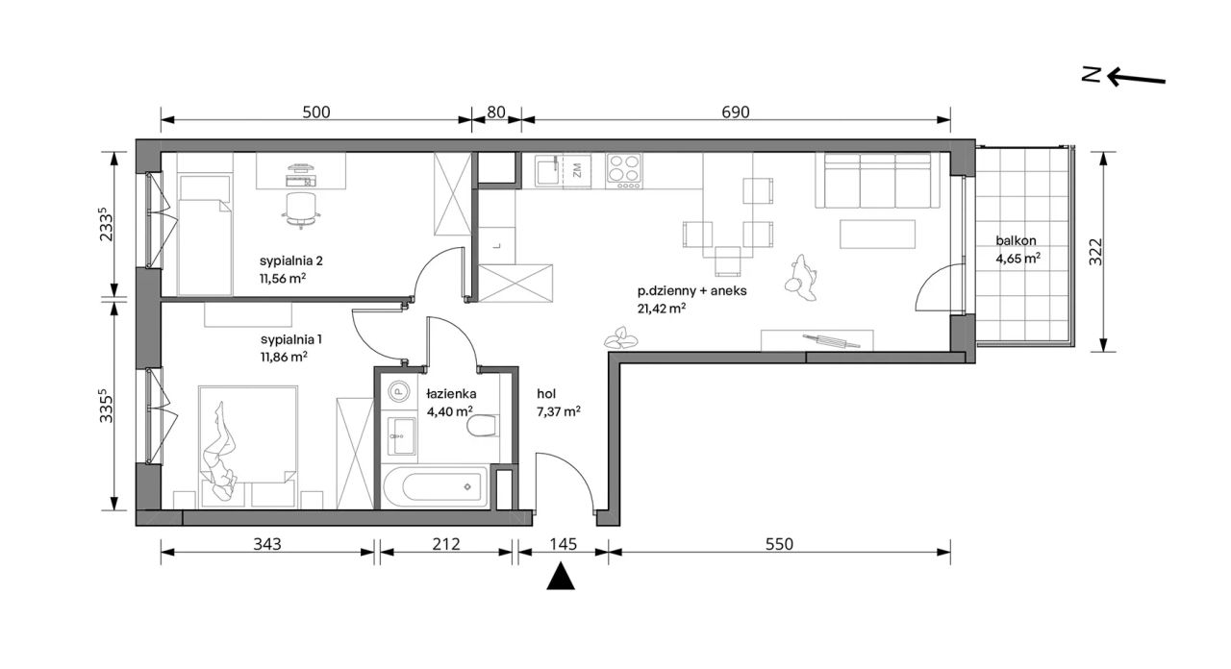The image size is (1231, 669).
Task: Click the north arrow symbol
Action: [1136, 78]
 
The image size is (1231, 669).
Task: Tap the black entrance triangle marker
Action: [561, 576]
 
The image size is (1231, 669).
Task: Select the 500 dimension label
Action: [316, 112]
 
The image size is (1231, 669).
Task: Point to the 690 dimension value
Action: [736, 112]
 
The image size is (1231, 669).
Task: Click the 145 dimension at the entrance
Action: [564, 544]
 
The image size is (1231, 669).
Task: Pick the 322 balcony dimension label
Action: [1095, 252]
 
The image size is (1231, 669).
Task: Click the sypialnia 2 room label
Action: [291, 260]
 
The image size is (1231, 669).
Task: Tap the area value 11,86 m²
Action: [284, 357]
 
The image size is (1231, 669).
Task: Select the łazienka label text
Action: [451, 394]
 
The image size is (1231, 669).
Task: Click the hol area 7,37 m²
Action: [559, 411]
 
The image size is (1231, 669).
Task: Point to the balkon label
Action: [1017, 240]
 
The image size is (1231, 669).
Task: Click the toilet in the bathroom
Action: [483, 426]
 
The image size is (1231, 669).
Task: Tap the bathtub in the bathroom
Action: [434, 486]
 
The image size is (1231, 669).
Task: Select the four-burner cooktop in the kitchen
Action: [624, 171]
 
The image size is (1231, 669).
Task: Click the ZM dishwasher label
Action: [577, 171]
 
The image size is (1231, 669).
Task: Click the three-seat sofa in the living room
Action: [878, 181]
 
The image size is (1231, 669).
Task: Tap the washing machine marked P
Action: [398, 391]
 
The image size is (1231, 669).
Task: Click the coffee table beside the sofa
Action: [878, 234]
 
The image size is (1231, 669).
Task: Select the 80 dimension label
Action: [495, 112]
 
